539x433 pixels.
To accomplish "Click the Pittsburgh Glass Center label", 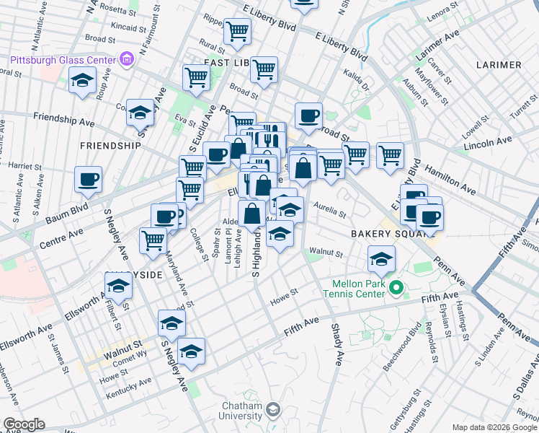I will (61, 58).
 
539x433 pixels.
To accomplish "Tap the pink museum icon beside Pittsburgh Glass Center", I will (127, 58).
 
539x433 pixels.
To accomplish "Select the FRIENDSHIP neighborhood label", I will (110, 145).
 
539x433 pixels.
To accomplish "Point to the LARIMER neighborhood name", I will (499, 65).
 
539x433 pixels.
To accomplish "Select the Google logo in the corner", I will (24, 424).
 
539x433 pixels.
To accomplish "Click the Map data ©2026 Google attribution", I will (494, 427).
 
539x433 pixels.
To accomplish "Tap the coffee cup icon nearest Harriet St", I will (88, 179).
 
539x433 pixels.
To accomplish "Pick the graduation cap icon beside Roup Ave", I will (83, 82).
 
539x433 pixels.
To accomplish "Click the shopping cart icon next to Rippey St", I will (237, 31).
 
